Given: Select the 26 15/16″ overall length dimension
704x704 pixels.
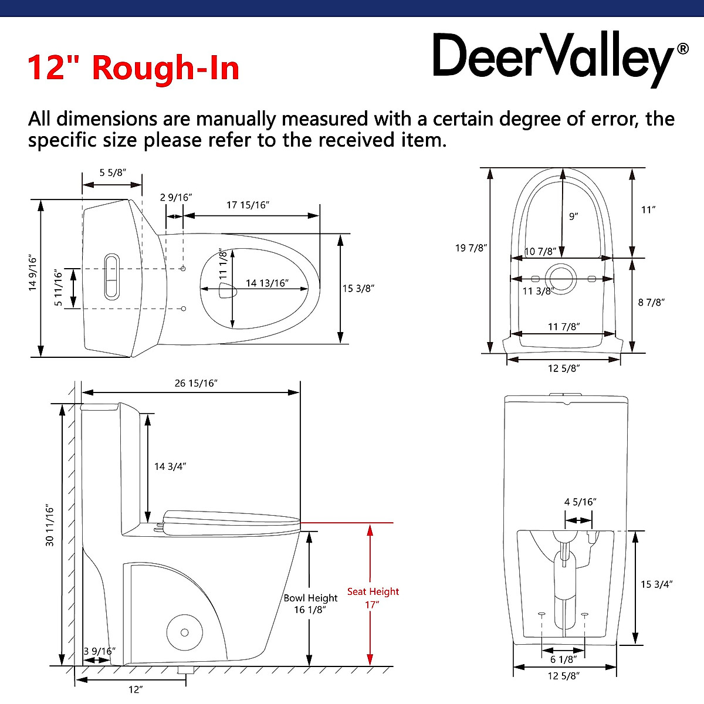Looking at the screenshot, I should pos(196,383).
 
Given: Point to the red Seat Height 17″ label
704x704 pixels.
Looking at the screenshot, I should pos(373,598).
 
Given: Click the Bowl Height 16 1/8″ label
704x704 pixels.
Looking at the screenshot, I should pos(310,604).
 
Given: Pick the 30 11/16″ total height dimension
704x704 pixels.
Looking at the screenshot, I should pos(50,526).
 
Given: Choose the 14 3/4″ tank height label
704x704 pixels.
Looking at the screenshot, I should pos(170,466).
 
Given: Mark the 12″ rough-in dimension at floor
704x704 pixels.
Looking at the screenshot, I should pos(136,689).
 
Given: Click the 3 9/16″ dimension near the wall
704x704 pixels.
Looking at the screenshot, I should pos(99,651).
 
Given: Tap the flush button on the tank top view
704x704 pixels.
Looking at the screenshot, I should pos(111,277).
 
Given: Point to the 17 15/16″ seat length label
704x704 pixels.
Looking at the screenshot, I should pos(247,205).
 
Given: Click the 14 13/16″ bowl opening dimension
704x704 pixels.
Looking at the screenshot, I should pos(267,283).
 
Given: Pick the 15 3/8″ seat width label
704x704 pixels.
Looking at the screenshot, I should pos(358,288).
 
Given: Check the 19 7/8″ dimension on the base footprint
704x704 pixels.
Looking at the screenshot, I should pos(471,248).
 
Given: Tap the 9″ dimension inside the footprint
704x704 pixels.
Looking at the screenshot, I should pos(573,216).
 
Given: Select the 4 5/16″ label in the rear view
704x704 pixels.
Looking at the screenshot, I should pos(580,502).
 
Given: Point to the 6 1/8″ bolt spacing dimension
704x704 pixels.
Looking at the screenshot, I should pos(563,660).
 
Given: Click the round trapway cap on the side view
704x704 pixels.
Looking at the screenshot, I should pos(184,632).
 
